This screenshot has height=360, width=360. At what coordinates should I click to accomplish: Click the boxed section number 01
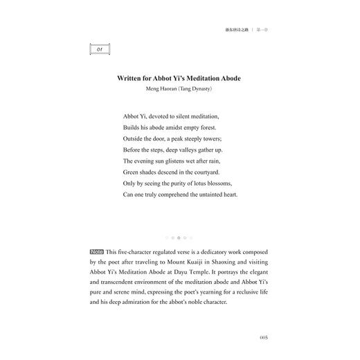[x=101, y=49]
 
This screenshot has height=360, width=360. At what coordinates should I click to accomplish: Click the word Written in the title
[x=129, y=78]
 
